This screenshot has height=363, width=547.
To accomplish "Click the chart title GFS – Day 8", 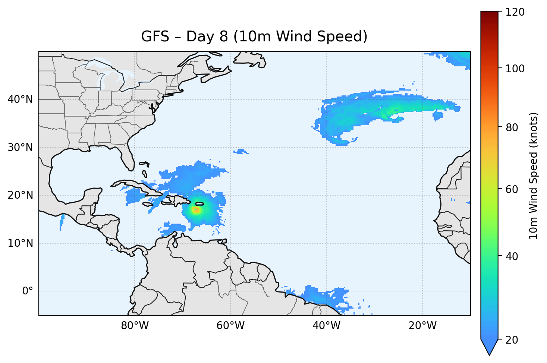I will [x=254, y=37].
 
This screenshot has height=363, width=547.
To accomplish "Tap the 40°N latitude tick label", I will [x=20, y=100].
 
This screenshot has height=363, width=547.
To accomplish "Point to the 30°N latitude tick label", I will [x=20, y=148].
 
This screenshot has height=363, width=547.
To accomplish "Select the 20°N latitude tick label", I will [x=20, y=195].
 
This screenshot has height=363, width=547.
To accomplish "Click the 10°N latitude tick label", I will [x=20, y=243].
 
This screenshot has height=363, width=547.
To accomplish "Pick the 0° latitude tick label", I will [x=28, y=291].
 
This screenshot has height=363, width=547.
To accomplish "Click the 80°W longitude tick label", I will [x=135, y=326].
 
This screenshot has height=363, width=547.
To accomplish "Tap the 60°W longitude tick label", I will [x=230, y=326].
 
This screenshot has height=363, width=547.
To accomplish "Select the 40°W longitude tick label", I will [x=326, y=326].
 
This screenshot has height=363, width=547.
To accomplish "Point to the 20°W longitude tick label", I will [x=422, y=326].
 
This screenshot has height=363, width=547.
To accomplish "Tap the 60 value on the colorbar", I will [x=514, y=189].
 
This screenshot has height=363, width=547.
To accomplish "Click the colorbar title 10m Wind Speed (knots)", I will [x=534, y=176].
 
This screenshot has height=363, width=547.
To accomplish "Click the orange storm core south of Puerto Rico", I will [x=196, y=210].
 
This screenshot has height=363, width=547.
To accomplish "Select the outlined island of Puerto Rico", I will [x=200, y=203].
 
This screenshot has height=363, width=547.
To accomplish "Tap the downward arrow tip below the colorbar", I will [x=489, y=354].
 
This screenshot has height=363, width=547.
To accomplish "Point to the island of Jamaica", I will [x=148, y=204].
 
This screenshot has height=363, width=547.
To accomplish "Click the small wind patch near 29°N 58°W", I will [x=241, y=151].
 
